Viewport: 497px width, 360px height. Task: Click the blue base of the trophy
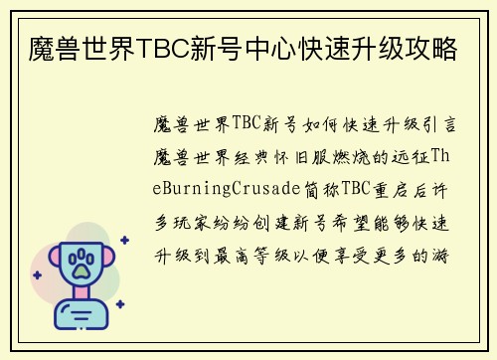click(x=81, y=317)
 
